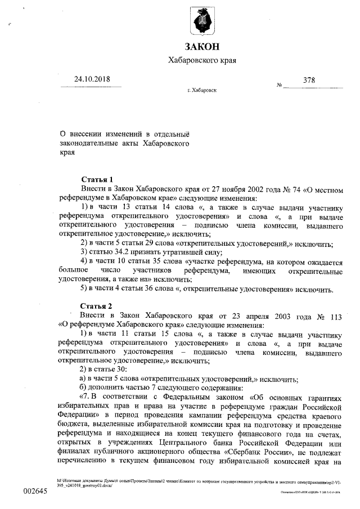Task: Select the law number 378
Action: click(x=309, y=80)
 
